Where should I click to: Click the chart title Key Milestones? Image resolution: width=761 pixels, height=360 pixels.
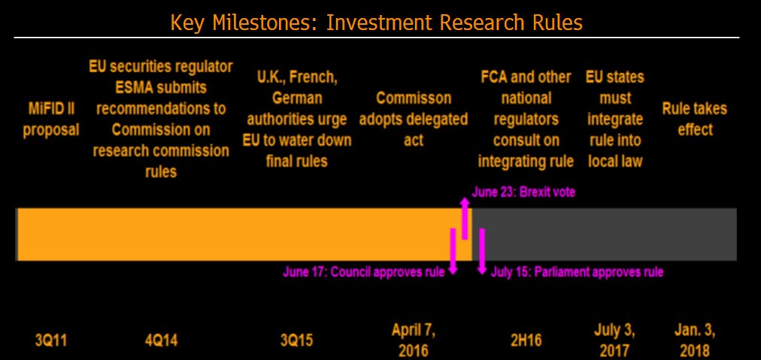pos(376,23)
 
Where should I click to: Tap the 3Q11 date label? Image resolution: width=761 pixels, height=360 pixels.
pos(50,340)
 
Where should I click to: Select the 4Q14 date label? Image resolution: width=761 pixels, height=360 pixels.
pos(161,340)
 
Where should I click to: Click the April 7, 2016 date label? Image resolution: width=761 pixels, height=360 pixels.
pos(413,340)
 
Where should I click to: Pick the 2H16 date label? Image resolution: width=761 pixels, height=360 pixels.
pos(527,340)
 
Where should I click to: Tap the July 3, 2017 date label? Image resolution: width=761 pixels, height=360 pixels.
pos(615,340)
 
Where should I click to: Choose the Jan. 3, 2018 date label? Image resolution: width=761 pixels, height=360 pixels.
pos(695,340)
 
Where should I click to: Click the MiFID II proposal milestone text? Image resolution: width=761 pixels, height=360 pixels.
pos(50,119)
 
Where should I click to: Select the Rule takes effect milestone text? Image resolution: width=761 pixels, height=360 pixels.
pos(695,119)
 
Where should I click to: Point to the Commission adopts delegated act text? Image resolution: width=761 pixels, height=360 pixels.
pos(414,119)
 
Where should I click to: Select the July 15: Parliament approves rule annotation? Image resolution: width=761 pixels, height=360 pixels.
pos(577,272)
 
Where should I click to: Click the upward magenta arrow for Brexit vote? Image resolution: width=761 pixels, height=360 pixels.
pos(465,218)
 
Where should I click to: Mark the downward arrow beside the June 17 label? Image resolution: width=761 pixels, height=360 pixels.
pos(453,252)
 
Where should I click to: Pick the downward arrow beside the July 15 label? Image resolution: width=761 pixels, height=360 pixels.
pos(482,252)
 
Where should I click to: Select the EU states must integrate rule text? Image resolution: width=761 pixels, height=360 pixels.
pos(615,119)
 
